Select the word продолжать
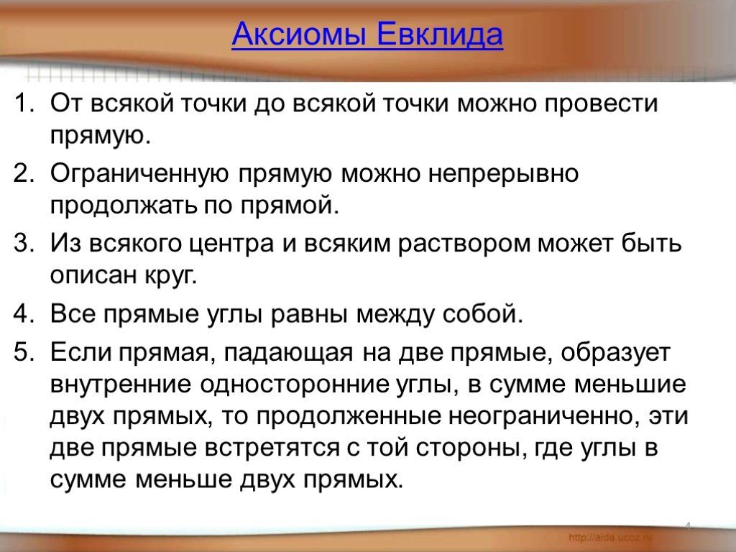(x=112, y=206)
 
